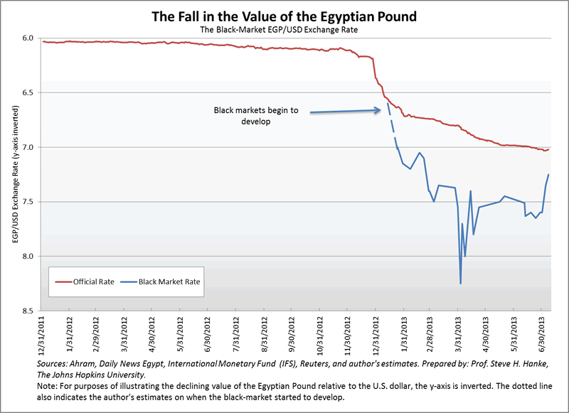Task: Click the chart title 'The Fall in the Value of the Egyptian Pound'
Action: click(x=284, y=15)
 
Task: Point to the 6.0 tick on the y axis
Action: click(x=28, y=38)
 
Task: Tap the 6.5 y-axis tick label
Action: click(x=28, y=92)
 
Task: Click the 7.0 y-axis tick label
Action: click(x=28, y=147)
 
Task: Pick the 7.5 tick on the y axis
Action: click(x=28, y=202)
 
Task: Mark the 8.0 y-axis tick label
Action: click(x=28, y=257)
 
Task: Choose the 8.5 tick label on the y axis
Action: click(x=28, y=311)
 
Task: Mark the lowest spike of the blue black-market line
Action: click(x=461, y=284)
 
